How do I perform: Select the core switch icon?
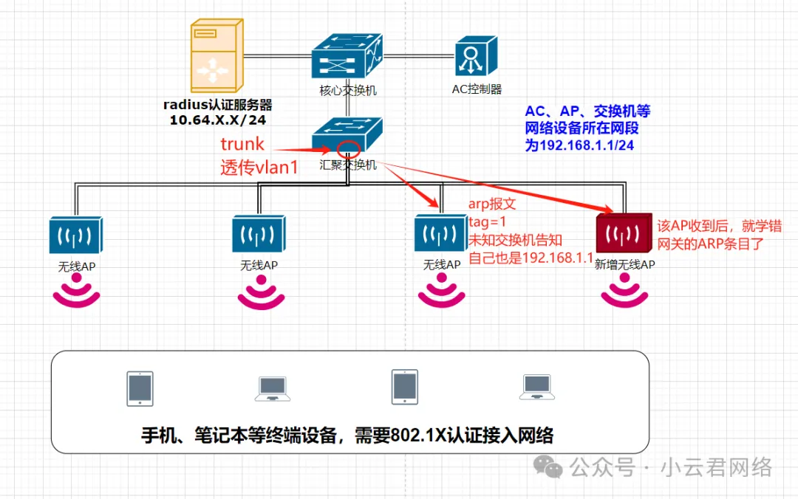point(347,55)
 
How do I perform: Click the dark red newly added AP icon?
point(624,235)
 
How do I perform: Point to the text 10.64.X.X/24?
point(217,119)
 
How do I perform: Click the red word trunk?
point(242,143)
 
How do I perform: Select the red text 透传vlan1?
point(259,168)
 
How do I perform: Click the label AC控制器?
point(477,89)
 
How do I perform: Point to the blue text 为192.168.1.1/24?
point(579,145)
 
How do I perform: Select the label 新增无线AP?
point(624,264)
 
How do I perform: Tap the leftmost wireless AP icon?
point(75,235)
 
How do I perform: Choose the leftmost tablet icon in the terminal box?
point(140,388)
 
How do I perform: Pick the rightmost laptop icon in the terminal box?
point(538,388)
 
